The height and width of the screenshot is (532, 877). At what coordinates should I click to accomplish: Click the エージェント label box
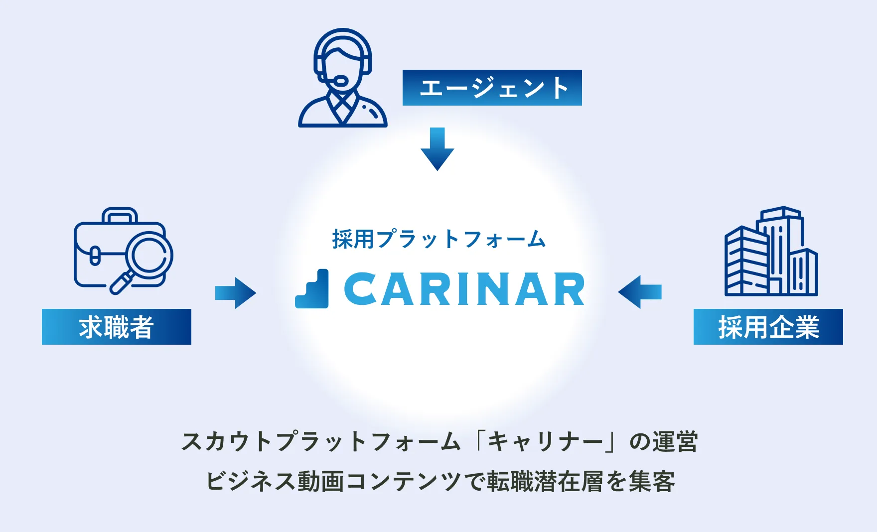[x=492, y=88]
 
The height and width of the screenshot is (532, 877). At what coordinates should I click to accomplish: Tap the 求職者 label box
[x=117, y=327]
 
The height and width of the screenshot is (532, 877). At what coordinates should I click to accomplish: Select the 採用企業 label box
[x=768, y=327]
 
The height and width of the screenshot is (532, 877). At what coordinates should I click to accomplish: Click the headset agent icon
[x=343, y=78]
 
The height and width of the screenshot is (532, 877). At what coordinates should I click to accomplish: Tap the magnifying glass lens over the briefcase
[x=149, y=256]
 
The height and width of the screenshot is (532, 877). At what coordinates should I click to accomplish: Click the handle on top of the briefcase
[x=120, y=215]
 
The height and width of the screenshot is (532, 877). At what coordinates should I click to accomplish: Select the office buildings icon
[x=771, y=251]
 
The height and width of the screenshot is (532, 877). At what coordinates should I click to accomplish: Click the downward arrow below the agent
[x=438, y=149]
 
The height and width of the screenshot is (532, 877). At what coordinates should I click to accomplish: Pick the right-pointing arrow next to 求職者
[x=236, y=293]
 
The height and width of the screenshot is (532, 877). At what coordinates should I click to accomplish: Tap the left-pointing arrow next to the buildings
[x=640, y=292]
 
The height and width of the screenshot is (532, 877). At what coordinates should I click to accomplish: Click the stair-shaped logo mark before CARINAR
[x=312, y=288]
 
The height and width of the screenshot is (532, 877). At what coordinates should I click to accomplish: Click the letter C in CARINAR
[x=360, y=289]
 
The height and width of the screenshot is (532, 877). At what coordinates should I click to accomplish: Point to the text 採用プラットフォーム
[x=439, y=239]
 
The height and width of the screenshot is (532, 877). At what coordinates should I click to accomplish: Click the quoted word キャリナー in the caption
[x=545, y=441]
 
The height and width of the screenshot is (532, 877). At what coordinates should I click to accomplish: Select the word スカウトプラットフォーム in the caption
[x=320, y=441]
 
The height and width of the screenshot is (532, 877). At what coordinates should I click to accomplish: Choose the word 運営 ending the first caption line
[x=675, y=441]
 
